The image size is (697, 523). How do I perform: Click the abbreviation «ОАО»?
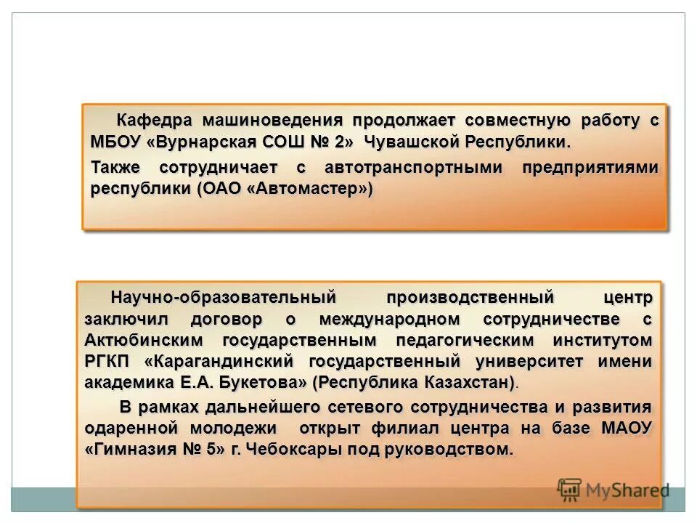(x=223, y=190)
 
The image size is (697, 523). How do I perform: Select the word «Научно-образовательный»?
(x=224, y=298)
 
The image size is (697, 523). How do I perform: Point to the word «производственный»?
(x=470, y=298)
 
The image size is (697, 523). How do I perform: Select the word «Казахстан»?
(x=473, y=383)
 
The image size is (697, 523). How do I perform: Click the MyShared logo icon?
(x=570, y=490)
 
